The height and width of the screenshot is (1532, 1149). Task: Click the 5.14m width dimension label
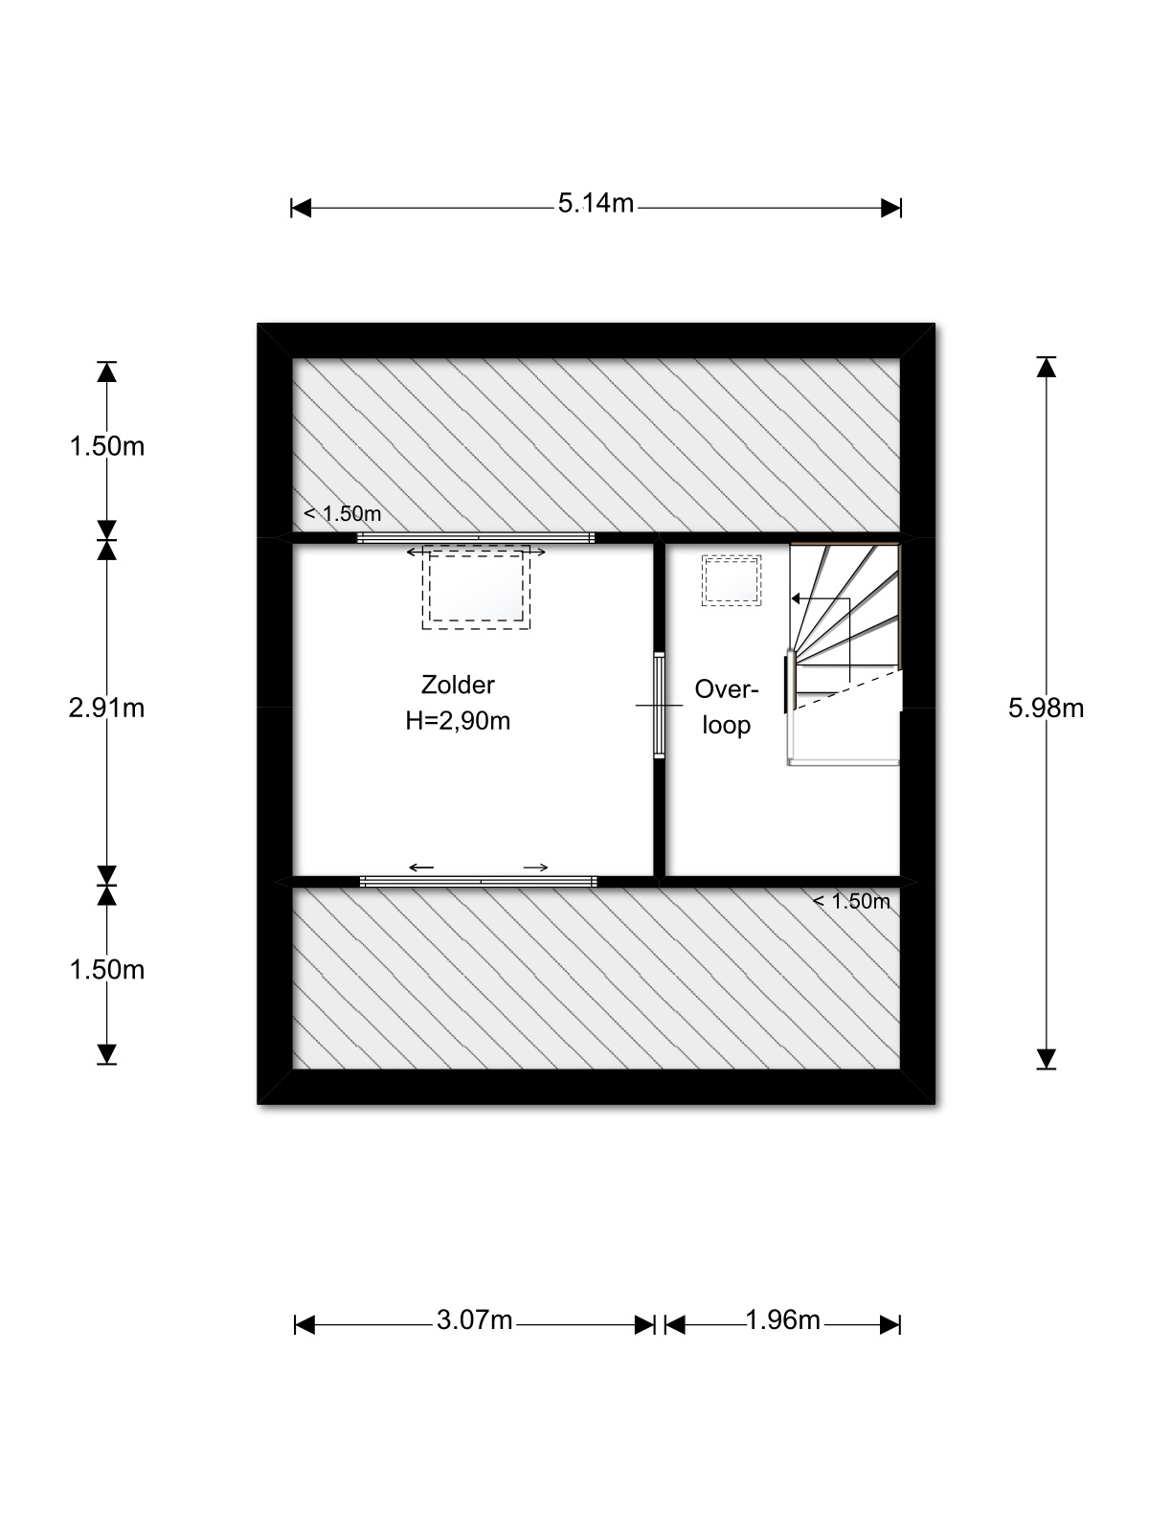[x=595, y=203]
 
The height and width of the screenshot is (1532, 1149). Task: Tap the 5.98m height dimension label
[x=1045, y=709]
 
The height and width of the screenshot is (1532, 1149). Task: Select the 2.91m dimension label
[x=106, y=709]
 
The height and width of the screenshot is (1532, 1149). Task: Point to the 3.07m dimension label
[x=474, y=1319]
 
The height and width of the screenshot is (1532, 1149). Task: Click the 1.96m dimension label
[x=782, y=1319]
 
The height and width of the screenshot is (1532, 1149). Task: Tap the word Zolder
[x=458, y=685]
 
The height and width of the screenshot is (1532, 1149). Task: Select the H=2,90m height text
[x=458, y=720]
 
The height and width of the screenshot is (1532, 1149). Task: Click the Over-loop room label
[x=726, y=707]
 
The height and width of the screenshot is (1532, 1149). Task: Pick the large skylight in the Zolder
[x=476, y=588]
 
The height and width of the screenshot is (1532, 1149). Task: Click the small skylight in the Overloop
[x=732, y=580]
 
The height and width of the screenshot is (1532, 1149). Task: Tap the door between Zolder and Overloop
[x=660, y=705]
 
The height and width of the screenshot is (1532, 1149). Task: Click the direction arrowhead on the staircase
[x=796, y=598]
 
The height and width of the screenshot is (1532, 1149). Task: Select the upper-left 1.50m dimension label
[x=106, y=446]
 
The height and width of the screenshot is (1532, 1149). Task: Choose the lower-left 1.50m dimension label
[x=106, y=969]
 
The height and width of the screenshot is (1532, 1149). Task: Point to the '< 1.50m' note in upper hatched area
[x=343, y=513]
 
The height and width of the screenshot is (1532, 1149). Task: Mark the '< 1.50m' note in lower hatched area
[x=851, y=901]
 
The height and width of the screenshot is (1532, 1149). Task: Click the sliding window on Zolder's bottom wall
[x=479, y=882]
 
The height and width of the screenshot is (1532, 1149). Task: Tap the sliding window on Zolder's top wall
[x=476, y=537]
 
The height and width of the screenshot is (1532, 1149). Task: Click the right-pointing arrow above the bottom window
[x=536, y=867]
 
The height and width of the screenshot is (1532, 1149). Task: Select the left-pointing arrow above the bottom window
[x=421, y=867]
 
